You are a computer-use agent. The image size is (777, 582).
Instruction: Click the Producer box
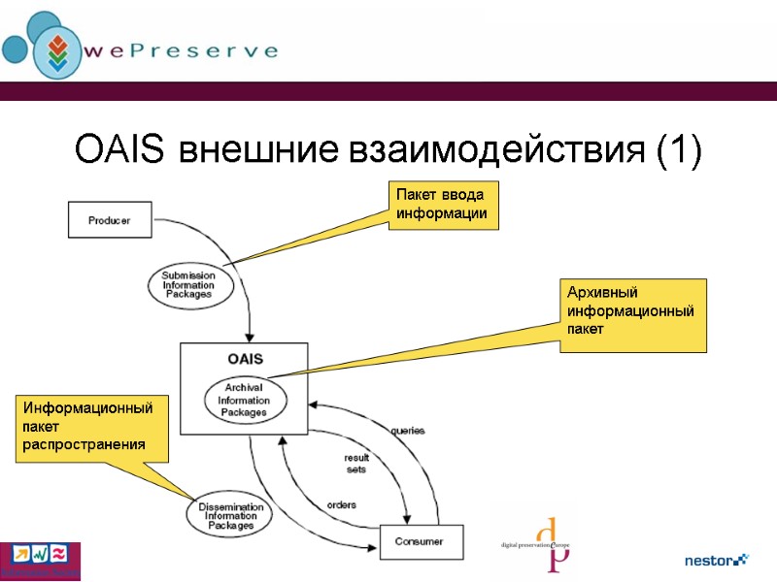pyautogui.click(x=110, y=220)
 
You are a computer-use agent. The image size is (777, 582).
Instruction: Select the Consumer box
pyautogui.click(x=422, y=541)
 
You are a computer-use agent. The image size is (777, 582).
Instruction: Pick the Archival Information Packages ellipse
pyautogui.click(x=243, y=401)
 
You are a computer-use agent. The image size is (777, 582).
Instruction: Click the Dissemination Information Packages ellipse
pyautogui.click(x=230, y=515)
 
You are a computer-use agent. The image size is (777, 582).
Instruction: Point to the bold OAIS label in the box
pyautogui.click(x=245, y=359)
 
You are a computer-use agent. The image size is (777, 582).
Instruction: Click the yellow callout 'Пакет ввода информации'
pyautogui.click(x=444, y=206)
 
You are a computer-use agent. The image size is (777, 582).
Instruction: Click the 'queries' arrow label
pyautogui.click(x=407, y=430)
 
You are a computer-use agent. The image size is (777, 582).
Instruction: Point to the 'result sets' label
pyautogui.click(x=356, y=464)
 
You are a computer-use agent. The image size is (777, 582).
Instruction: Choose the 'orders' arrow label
pyautogui.click(x=341, y=504)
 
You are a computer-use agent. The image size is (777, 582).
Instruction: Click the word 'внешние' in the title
pyautogui.click(x=256, y=151)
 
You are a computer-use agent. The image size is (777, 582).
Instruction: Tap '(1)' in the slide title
pyautogui.click(x=678, y=151)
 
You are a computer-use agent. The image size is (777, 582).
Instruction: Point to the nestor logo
pyautogui.click(x=716, y=560)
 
